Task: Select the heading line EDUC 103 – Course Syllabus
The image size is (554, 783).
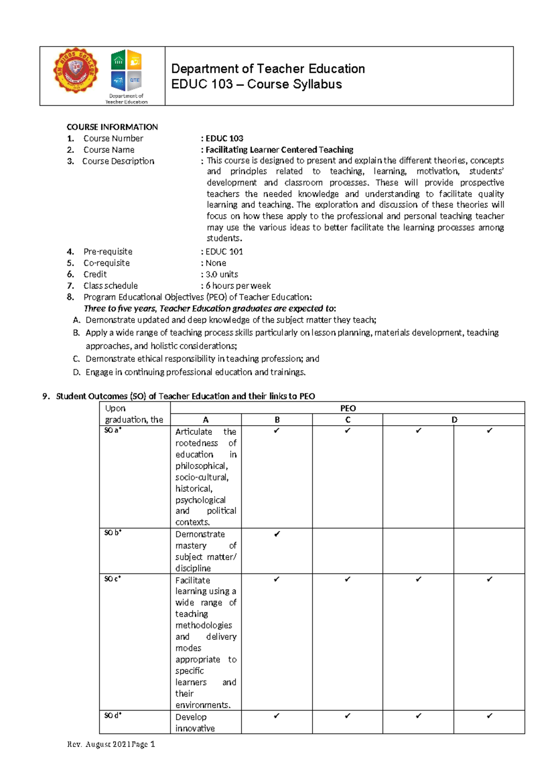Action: point(256,84)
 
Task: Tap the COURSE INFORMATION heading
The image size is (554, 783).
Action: point(112,127)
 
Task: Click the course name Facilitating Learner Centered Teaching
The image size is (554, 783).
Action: point(279,150)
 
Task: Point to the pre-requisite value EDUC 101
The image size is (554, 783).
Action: point(224,252)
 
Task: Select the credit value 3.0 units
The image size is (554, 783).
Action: point(222,274)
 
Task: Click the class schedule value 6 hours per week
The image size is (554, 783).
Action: point(238,286)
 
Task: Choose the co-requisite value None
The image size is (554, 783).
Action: point(216,263)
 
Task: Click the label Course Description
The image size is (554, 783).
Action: point(118,161)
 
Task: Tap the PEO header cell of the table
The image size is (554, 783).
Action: point(348,408)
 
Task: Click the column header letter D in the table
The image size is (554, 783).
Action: point(454,420)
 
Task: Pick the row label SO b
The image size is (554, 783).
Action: point(113,533)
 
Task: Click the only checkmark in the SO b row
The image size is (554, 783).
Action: point(277,534)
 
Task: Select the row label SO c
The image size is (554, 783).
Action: point(113,579)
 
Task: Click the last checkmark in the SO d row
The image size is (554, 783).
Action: point(489,716)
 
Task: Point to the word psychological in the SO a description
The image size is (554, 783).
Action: point(200,500)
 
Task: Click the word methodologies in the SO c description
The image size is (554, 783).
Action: point(204,626)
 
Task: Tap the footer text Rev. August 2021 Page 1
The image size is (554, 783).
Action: point(111,744)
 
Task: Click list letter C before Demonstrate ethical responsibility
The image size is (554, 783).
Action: point(76,359)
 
